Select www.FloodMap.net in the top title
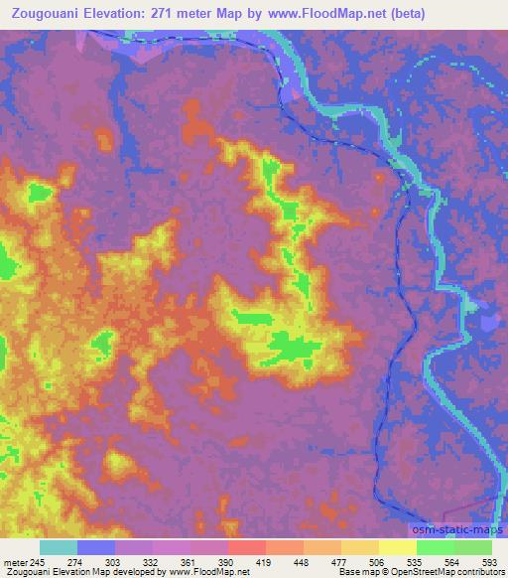tap(352, 13)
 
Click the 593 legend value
tap(490, 561)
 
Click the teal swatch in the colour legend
tap(59, 547)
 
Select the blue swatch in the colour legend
tap(96, 547)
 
